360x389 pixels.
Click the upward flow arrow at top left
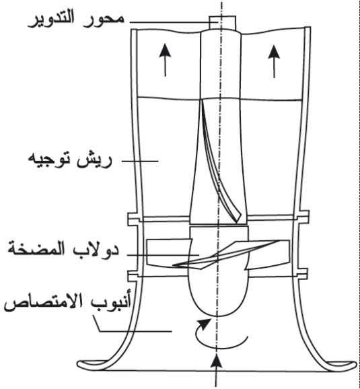coord(165,60)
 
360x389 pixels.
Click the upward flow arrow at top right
coord(274,61)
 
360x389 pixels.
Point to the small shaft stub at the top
coord(222,23)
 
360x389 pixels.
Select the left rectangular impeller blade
coord(169,252)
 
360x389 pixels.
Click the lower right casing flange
coord(301,274)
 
